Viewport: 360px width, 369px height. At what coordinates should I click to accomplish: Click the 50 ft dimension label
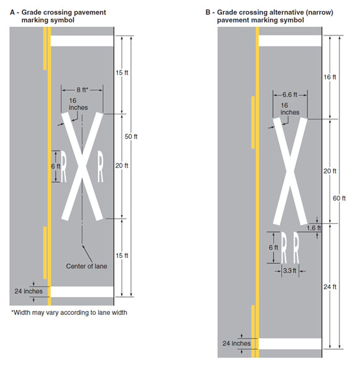131,137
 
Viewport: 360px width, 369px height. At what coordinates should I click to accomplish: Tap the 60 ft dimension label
339,198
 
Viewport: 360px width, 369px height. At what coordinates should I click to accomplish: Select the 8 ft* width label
82,89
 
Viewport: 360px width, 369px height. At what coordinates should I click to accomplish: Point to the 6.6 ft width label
290,94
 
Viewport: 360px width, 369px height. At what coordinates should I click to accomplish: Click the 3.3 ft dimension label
290,271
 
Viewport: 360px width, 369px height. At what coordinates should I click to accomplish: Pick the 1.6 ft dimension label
313,228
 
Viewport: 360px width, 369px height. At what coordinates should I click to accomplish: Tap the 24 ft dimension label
330,287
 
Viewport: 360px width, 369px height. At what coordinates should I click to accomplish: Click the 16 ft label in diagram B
330,77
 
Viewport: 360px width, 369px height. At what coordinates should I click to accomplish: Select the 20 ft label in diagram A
122,166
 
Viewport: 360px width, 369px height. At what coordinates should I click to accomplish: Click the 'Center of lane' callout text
86,266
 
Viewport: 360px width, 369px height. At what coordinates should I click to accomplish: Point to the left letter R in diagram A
63,166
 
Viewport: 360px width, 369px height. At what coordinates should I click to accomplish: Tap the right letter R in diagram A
101,166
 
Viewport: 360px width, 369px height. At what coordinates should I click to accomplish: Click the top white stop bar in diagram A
82,41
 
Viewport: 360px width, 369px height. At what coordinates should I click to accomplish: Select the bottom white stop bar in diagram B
290,344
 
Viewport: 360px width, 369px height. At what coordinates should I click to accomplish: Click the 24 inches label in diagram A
29,291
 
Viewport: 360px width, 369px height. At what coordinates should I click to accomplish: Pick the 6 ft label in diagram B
273,247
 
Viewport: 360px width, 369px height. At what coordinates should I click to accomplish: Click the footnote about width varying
69,312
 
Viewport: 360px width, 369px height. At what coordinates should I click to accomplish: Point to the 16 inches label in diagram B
290,109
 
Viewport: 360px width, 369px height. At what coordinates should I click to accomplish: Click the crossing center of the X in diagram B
290,171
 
